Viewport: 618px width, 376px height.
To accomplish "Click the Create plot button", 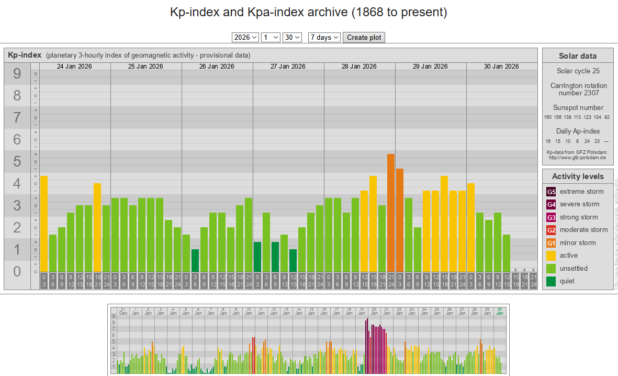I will click(x=364, y=37).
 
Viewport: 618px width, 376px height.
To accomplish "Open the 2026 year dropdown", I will click(x=245, y=37).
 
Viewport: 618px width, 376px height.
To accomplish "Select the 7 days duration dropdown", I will click(x=324, y=37).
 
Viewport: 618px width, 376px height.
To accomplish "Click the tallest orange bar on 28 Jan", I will click(x=390, y=213).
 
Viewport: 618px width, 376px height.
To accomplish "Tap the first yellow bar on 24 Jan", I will click(x=44, y=224).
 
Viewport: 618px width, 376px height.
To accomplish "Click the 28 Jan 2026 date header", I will click(x=359, y=67).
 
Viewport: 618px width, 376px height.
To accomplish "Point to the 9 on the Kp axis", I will click(x=17, y=74).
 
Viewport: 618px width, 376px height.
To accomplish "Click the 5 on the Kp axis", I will click(x=17, y=161).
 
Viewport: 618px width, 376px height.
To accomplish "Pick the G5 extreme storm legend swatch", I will click(x=551, y=192).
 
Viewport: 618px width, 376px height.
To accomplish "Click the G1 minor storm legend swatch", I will click(x=551, y=243).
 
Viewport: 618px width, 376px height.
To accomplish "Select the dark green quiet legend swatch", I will click(x=551, y=281).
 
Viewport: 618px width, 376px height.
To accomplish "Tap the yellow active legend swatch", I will click(x=551, y=256).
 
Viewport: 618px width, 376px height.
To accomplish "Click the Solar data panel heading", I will click(x=577, y=56).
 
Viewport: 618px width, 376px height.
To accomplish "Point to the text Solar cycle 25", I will click(x=578, y=71).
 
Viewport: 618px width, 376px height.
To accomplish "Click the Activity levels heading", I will click(x=578, y=176).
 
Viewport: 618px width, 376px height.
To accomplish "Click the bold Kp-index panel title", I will click(x=25, y=55).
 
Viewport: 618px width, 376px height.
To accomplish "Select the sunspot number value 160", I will click(x=548, y=117).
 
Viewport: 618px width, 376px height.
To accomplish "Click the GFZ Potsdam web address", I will click(x=577, y=157).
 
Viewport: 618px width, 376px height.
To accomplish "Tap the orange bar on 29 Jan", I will click(x=400, y=220).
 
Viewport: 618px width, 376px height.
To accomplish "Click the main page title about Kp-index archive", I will click(x=309, y=13).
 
